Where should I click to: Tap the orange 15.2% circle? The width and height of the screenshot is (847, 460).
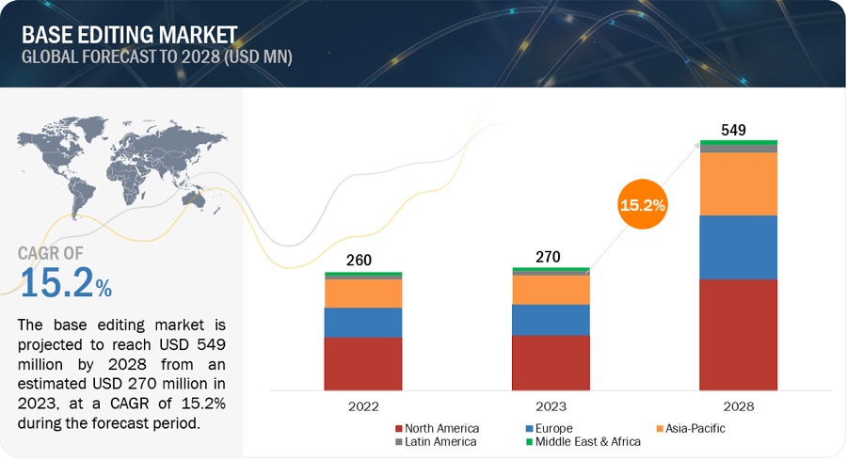[643, 204]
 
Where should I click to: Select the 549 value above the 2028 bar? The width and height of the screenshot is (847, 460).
[738, 128]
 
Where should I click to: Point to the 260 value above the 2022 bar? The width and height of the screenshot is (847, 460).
[362, 259]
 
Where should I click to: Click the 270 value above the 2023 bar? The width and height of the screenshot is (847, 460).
[550, 255]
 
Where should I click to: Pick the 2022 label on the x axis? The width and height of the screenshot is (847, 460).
[362, 406]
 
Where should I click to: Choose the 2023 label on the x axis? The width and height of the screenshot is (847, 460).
[551, 406]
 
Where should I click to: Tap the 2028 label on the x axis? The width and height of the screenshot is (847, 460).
[738, 406]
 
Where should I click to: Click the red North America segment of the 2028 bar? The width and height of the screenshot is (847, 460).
[738, 334]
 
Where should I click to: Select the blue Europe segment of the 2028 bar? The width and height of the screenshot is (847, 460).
[738, 247]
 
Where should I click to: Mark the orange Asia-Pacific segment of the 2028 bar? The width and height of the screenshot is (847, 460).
[738, 183]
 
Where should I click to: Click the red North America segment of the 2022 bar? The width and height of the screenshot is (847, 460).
[362, 363]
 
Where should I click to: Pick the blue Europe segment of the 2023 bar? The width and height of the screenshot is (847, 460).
[551, 320]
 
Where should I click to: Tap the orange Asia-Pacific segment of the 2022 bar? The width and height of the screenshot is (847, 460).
[362, 293]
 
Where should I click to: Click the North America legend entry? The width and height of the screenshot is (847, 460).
[437, 428]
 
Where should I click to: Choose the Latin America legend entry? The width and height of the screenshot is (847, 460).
[437, 441]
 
